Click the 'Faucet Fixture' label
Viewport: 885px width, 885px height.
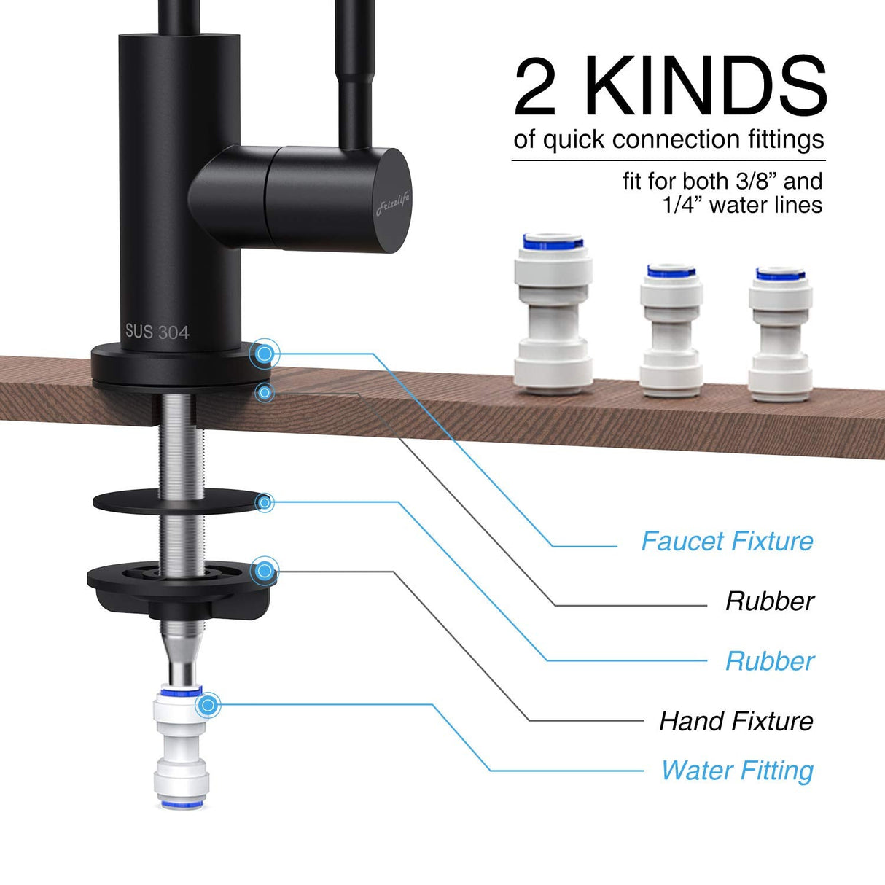tap(727, 542)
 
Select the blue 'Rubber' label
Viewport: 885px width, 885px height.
tap(769, 661)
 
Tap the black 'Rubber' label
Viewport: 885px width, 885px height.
tap(769, 601)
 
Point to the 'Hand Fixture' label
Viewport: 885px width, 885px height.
tap(736, 721)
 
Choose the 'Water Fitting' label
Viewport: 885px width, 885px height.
tap(737, 771)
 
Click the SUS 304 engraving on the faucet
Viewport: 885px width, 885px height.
tap(157, 332)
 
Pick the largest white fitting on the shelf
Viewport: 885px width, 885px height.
tap(553, 313)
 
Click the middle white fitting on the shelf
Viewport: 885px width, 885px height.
tap(671, 330)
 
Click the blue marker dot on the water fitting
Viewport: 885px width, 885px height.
tap(209, 705)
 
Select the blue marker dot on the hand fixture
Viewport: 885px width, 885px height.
tap(265, 570)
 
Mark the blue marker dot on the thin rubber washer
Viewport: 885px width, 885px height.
tap(265, 502)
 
